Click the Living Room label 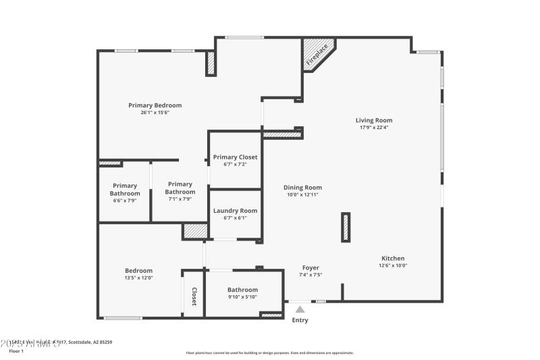coord(374,121)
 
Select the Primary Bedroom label coord(155,105)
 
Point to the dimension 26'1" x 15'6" coord(155,113)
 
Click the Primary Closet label coord(235,157)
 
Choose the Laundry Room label coord(235,211)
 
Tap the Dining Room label coord(302,188)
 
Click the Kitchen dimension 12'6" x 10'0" coord(393,265)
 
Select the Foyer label coord(310,268)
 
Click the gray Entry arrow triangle coord(300,309)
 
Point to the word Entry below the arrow coord(300,320)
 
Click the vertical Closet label coord(194,296)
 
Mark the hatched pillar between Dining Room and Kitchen coord(346,227)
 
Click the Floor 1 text coord(16,351)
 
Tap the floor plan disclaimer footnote coord(269,353)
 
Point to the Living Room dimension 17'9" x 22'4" coord(374,128)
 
